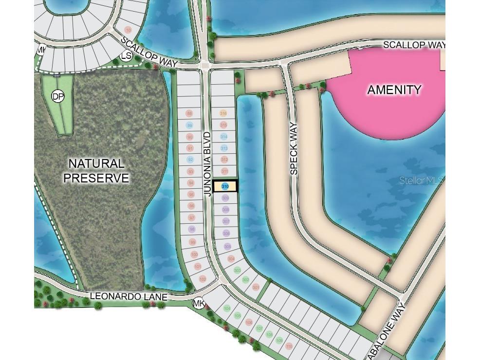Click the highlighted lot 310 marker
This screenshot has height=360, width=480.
pyautogui.click(x=225, y=186)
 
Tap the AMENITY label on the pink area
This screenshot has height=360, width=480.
pyautogui.click(x=394, y=90)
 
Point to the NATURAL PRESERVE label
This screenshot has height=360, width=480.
pyautogui.click(x=96, y=171)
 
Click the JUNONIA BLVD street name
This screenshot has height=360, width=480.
pyautogui.click(x=208, y=163)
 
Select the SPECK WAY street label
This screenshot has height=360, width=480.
pyautogui.click(x=294, y=149)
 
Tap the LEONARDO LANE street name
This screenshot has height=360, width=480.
pyautogui.click(x=129, y=296)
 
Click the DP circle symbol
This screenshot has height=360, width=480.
pyautogui.click(x=57, y=96)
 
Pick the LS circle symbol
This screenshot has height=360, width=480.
pyautogui.click(x=126, y=56)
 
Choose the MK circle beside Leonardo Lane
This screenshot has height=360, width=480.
pyautogui.click(x=199, y=304)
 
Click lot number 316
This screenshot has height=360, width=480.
pyautogui.click(x=223, y=113)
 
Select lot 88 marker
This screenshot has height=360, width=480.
pyautogui.click(x=189, y=113)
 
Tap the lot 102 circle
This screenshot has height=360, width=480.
pyautogui.click(x=202, y=279)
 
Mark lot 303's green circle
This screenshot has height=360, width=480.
pyautogui.click(x=238, y=270)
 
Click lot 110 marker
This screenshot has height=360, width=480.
pyautogui.click(x=289, y=346)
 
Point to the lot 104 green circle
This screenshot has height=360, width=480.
pyautogui.click(x=227, y=308)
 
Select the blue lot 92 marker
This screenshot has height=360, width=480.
pyautogui.click(x=190, y=160)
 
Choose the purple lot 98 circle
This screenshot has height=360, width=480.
pyautogui.click(x=192, y=230)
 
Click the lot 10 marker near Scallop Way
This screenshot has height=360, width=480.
pyautogui.click(x=128, y=30)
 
